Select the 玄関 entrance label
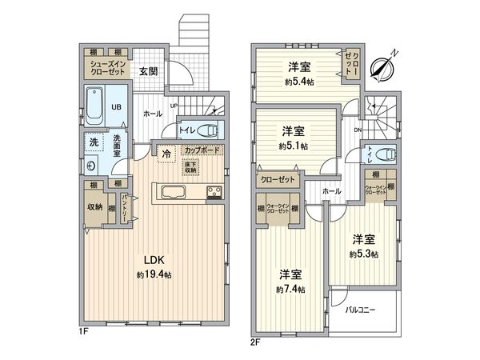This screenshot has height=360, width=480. pyautogui.click(x=149, y=71)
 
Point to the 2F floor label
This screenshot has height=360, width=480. pyautogui.click(x=255, y=338)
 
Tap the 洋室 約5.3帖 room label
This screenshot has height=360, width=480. pyautogui.click(x=364, y=246)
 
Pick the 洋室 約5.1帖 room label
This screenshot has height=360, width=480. pyautogui.click(x=292, y=138)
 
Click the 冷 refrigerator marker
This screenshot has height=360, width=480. pyautogui.click(x=166, y=153)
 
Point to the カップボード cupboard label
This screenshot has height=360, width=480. pyautogui.click(x=203, y=150)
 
